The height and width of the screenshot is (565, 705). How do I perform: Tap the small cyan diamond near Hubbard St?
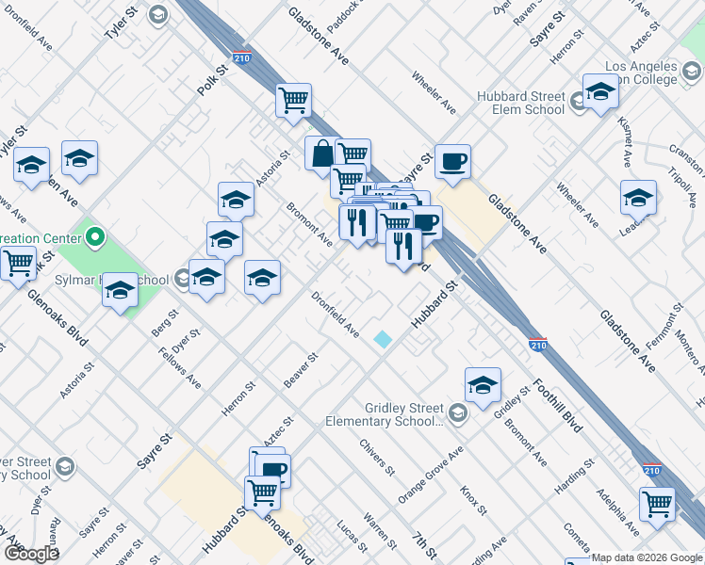point(383,339)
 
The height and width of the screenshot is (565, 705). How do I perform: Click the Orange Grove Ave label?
point(431,476)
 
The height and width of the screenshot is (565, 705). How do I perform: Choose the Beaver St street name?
point(303,371)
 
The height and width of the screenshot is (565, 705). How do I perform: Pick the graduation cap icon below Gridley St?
point(483,384)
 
